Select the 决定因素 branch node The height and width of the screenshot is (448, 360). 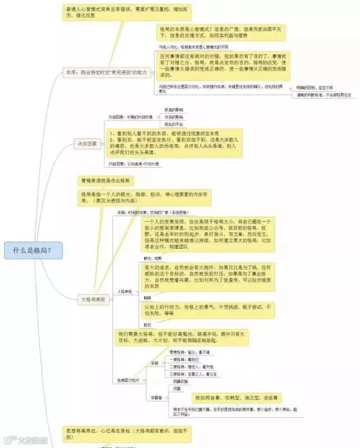[x=87, y=144]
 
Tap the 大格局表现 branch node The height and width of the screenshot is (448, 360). [x=93, y=300]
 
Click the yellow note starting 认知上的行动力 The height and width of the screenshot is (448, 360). [x=208, y=310]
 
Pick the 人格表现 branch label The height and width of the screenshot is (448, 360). [x=124, y=292]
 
